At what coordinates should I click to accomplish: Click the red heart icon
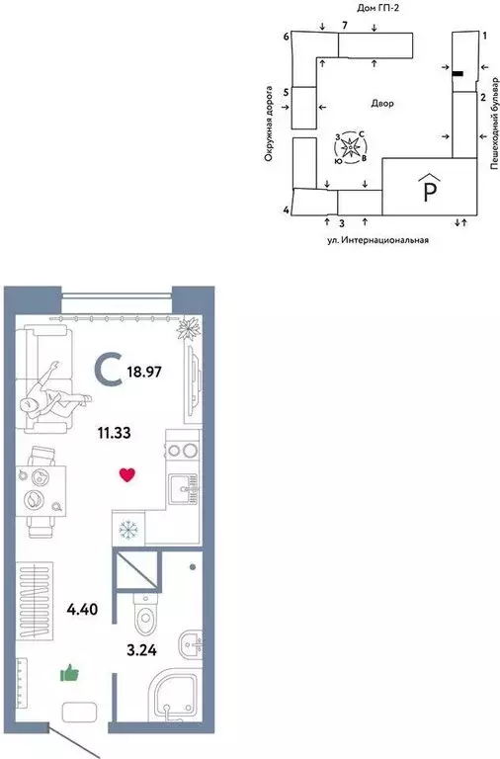coord(126,475)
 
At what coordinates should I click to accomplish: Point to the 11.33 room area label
coord(115,431)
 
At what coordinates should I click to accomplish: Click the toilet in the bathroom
coord(143,613)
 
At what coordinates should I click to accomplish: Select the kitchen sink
coord(182,488)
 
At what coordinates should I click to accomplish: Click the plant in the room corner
coord(190,327)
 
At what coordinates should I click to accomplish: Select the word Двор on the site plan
coord(382,103)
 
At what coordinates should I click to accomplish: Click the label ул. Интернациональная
coord(377,240)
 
